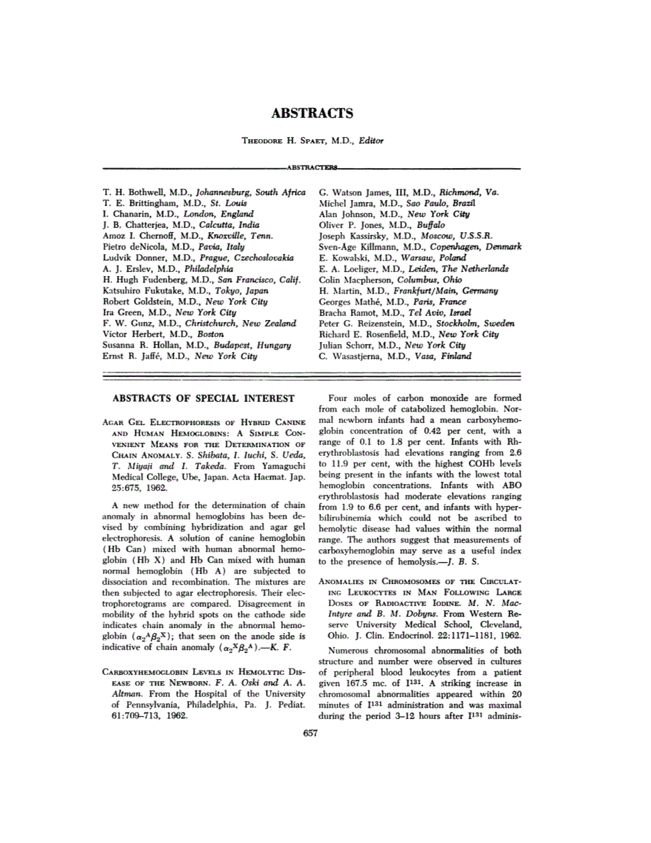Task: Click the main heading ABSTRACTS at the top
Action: pos(312,114)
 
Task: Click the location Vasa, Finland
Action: pos(445,356)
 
